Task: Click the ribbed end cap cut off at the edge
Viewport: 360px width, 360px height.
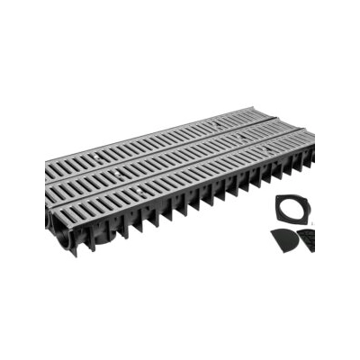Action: point(308,241)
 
